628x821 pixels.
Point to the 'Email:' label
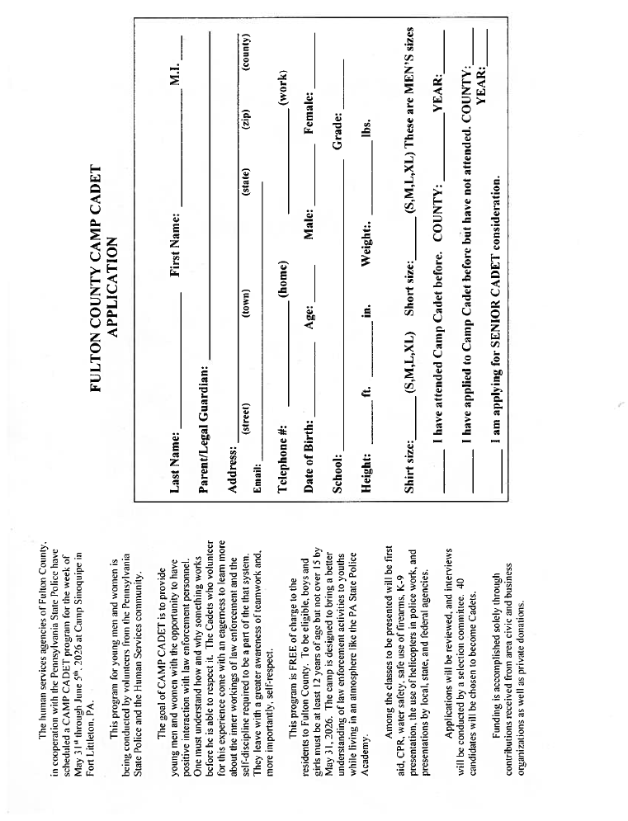(x=257, y=481)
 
